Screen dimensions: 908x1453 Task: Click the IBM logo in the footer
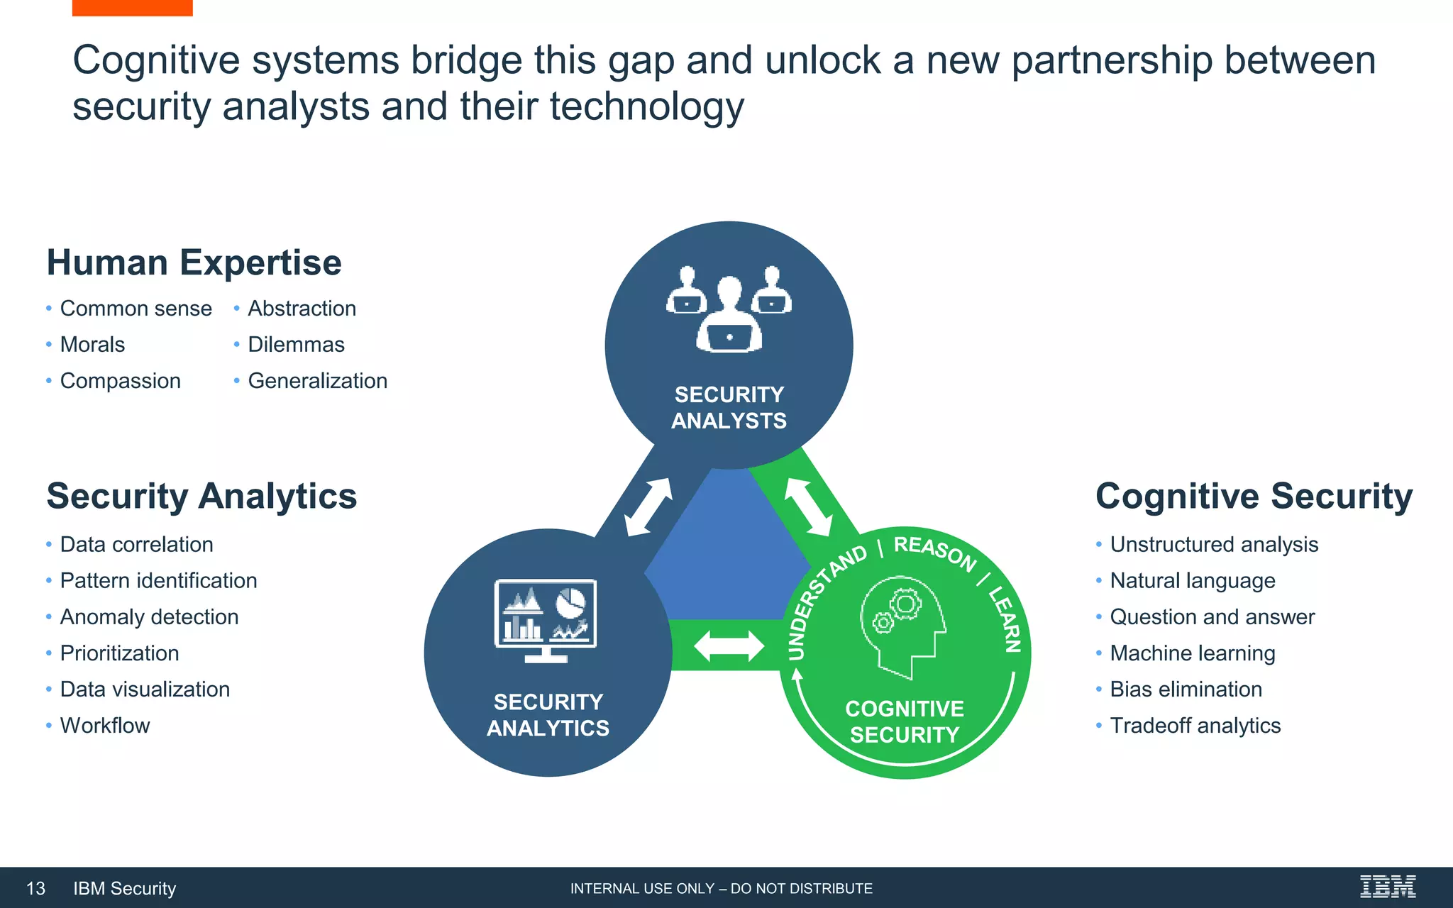[1387, 887]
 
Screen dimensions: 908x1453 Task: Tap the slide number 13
[35, 888]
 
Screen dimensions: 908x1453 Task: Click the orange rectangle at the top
[132, 7]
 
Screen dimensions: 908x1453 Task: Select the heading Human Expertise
[194, 262]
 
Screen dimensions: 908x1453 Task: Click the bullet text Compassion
[120, 381]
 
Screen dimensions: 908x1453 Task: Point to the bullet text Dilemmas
[296, 345]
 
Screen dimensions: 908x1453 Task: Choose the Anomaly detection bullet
[149, 617]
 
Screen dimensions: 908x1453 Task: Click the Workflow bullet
[105, 726]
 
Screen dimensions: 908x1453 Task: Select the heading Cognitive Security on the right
[1254, 496]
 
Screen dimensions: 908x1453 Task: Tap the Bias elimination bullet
[1186, 690]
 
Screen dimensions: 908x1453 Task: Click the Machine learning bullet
[1192, 653]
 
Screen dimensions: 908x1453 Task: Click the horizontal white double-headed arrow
[729, 646]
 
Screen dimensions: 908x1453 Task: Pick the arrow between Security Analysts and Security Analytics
[648, 506]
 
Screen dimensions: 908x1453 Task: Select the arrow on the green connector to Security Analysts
[808, 506]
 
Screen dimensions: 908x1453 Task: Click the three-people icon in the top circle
[729, 309]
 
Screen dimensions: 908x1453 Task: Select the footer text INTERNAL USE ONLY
[721, 889]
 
